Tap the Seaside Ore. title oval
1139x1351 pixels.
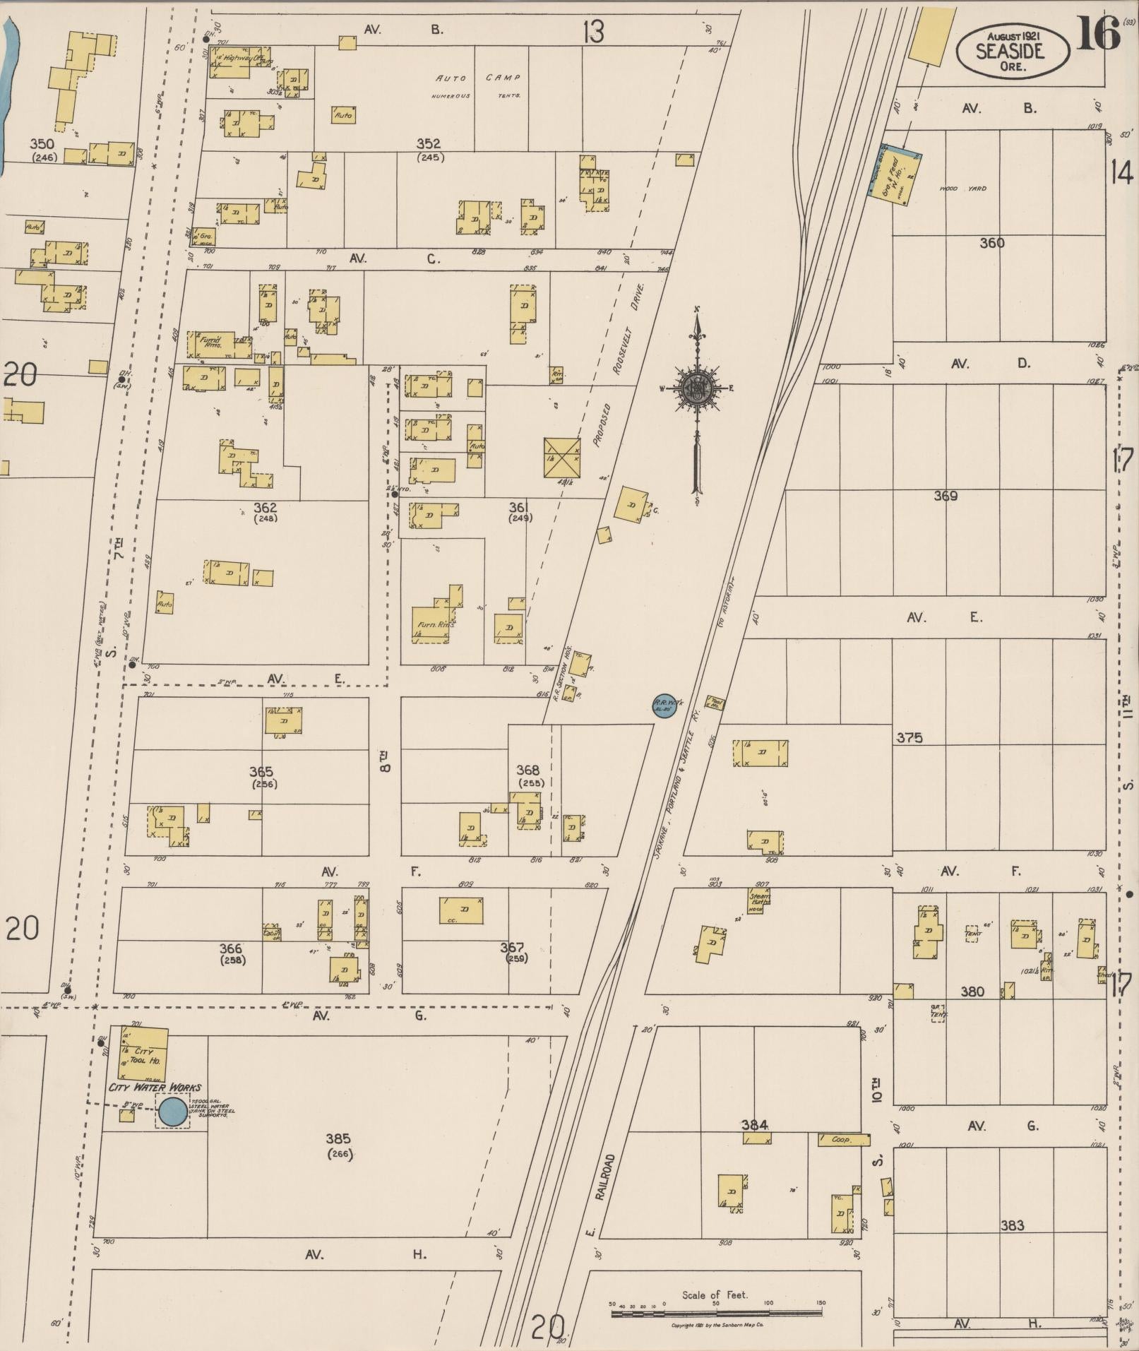point(1012,50)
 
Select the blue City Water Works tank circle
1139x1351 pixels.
point(172,1111)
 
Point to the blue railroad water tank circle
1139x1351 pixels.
point(664,704)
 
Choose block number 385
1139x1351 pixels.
point(338,1138)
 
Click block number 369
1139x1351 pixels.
point(945,496)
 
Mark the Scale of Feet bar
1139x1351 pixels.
point(716,1314)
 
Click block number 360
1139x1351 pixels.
point(991,243)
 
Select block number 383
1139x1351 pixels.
point(1012,1225)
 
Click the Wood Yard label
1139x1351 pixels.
point(953,189)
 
